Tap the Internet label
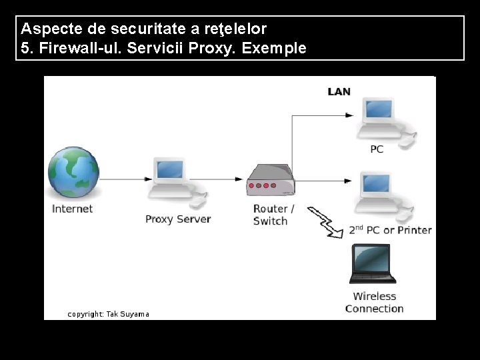pos(72,209)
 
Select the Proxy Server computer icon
pos(169,179)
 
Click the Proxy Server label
pos(178,219)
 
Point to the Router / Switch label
pos(273,215)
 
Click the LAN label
pos(339,91)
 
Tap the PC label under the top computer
pos(377,149)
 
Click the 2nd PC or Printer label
pos(390,230)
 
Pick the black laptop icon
pos(373,263)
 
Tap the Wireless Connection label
pos(374,302)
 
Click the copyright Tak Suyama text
pos(108,314)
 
